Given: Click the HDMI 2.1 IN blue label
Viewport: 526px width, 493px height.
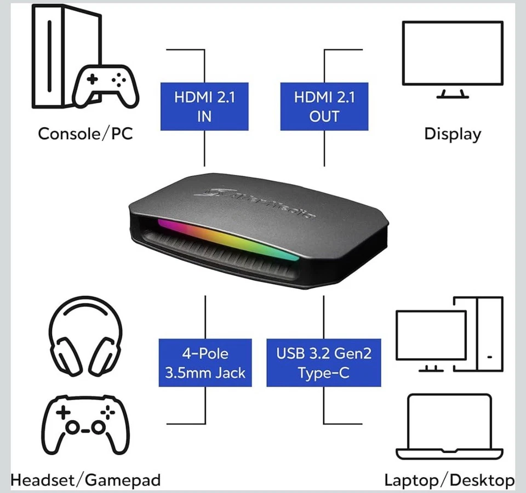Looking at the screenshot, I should click(204, 106).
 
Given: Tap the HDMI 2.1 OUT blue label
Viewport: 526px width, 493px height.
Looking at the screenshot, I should click(324, 106).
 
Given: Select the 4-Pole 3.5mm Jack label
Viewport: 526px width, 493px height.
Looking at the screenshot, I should click(205, 363).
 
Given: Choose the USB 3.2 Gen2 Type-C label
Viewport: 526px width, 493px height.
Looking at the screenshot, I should click(323, 363).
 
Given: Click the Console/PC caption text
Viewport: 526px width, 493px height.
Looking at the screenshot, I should click(85, 133).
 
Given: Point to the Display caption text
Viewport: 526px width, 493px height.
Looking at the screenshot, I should click(453, 134).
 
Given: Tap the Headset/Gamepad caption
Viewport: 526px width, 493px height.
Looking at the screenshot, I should click(85, 480).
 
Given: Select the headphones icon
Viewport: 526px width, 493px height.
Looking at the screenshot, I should click(85, 335).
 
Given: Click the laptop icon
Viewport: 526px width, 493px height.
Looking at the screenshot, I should click(450, 427).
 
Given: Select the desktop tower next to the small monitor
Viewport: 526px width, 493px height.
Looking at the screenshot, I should click(489, 334).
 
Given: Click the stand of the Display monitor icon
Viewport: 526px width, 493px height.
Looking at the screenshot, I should click(453, 93).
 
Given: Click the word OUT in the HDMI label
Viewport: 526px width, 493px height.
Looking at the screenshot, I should click(324, 116).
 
